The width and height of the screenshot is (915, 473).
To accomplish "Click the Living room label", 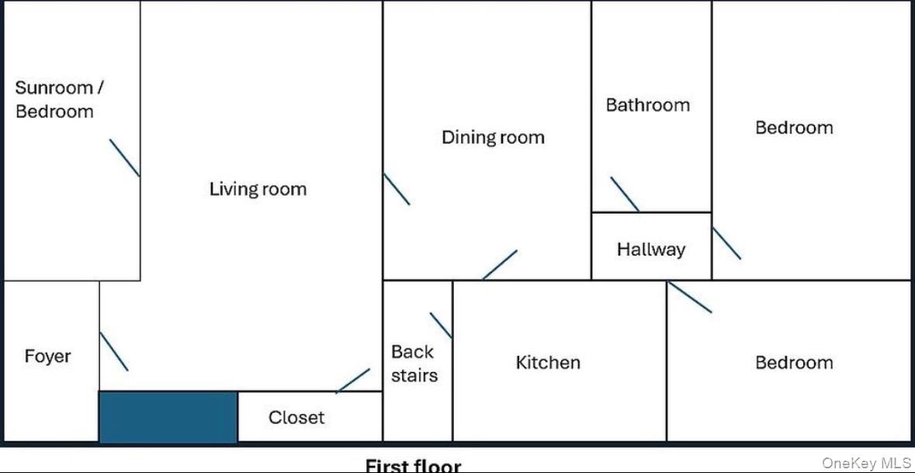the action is (x=258, y=190).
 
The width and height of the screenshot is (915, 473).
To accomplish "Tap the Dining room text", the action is (x=493, y=137).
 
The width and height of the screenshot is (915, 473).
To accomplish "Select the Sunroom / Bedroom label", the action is (x=59, y=100).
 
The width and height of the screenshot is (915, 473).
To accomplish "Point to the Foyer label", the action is (x=48, y=356).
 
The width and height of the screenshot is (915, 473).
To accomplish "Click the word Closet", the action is (x=296, y=418).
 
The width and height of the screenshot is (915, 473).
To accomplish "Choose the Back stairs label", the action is (x=414, y=363).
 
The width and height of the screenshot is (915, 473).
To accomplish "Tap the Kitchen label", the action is (x=548, y=363).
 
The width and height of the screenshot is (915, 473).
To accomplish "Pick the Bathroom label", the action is (x=648, y=105).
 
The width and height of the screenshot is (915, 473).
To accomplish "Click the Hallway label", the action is (x=651, y=250).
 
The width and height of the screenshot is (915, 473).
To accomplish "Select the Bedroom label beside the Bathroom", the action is (x=794, y=128).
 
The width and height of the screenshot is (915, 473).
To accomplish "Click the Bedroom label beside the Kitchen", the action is (x=794, y=363).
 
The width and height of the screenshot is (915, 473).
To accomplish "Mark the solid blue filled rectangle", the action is (x=168, y=417).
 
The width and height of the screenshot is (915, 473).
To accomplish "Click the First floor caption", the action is (x=413, y=466).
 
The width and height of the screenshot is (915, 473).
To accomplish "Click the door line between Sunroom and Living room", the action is (x=125, y=158).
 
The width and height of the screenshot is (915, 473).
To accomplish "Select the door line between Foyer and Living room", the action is (x=114, y=352).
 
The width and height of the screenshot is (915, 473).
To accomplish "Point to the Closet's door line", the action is (x=353, y=381).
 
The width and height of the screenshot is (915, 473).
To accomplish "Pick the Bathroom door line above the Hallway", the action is (x=625, y=194).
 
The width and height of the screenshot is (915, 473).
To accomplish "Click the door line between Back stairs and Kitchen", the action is (x=441, y=325).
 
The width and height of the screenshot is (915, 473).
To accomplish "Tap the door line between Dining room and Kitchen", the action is (x=500, y=265).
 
